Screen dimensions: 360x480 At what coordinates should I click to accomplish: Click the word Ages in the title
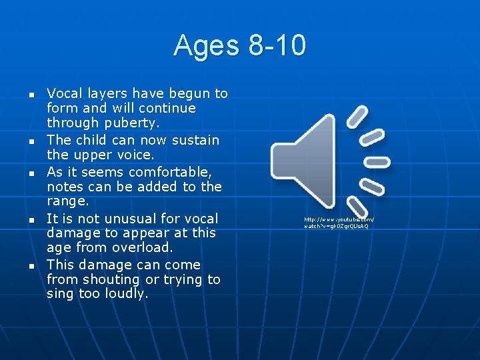coord(207,46)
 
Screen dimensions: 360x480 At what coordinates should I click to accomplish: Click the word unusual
coord(123,219)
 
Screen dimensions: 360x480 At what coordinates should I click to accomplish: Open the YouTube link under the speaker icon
coord(339,223)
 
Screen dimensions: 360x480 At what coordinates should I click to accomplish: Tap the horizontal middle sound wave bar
coord(378,161)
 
